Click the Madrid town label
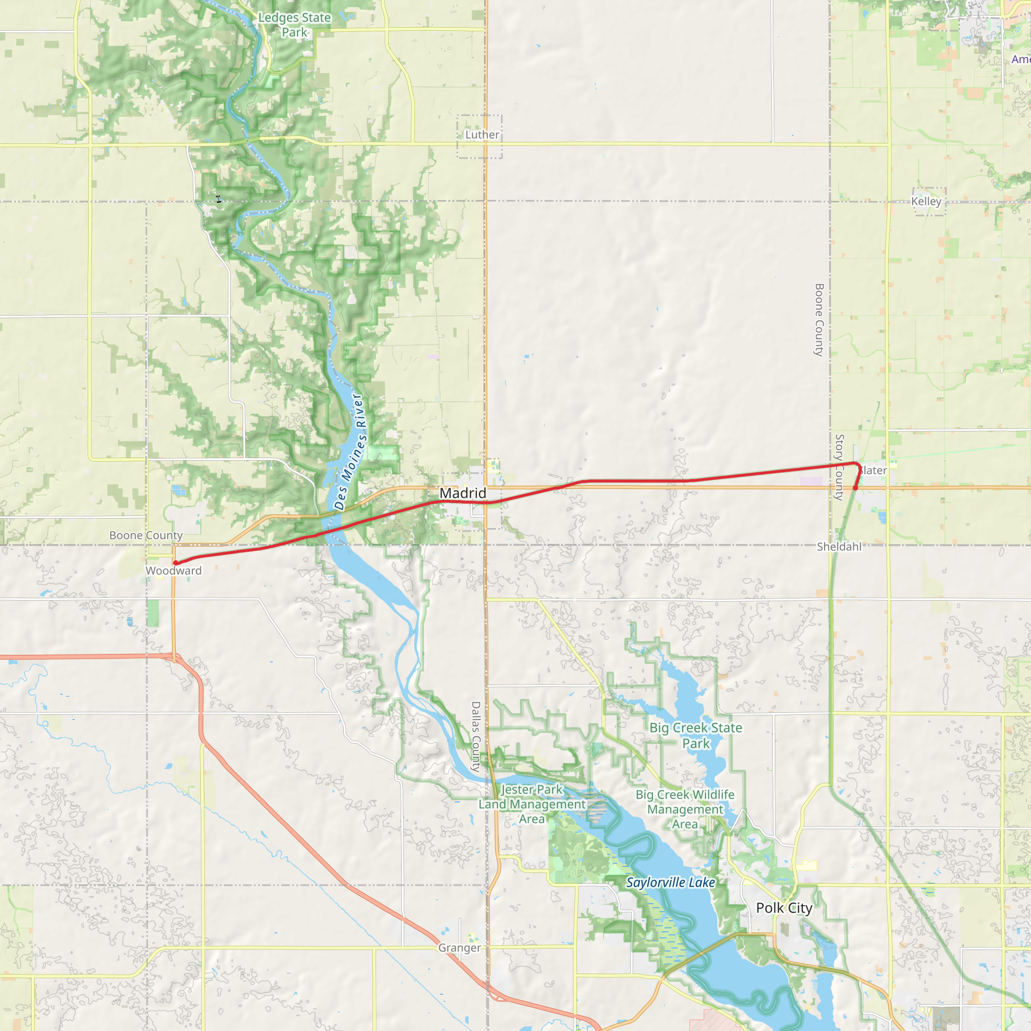click(x=462, y=493)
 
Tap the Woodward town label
click(x=174, y=570)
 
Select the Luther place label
click(x=482, y=134)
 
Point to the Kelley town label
click(x=926, y=201)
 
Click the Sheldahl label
click(x=839, y=546)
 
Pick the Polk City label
click(x=784, y=908)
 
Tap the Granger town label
click(x=460, y=948)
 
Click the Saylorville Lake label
click(x=670, y=882)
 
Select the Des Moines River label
click(x=350, y=452)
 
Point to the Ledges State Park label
click(x=294, y=25)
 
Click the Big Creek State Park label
click(x=696, y=735)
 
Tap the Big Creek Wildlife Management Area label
click(x=685, y=809)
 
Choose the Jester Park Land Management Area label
click(x=532, y=803)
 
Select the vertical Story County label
click(x=839, y=467)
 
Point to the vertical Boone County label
click(x=820, y=320)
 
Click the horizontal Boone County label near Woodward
click(x=145, y=535)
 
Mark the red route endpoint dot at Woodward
click(x=176, y=563)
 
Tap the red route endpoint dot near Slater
click(x=855, y=488)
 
